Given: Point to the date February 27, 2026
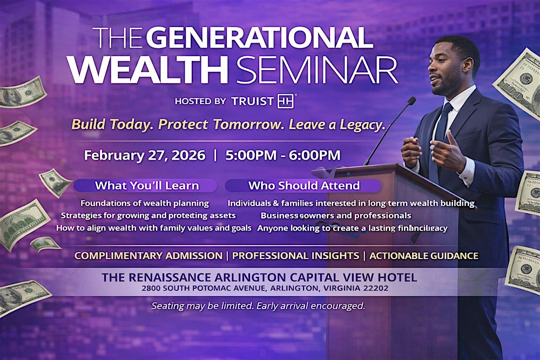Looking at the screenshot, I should [x=145, y=155].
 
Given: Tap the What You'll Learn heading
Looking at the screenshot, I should [x=147, y=186].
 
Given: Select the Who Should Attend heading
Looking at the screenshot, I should [x=304, y=186].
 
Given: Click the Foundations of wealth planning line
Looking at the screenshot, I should [x=145, y=203].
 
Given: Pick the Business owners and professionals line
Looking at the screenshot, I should [x=336, y=215].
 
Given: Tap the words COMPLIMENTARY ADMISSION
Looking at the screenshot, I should [x=148, y=256].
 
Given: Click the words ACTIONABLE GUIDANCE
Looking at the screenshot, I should [x=424, y=256].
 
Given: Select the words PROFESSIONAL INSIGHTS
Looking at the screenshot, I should [x=296, y=256].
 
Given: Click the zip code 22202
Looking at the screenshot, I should [x=376, y=289].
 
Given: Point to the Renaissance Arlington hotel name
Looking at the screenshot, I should [x=259, y=278].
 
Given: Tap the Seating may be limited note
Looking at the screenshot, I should [x=258, y=306].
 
